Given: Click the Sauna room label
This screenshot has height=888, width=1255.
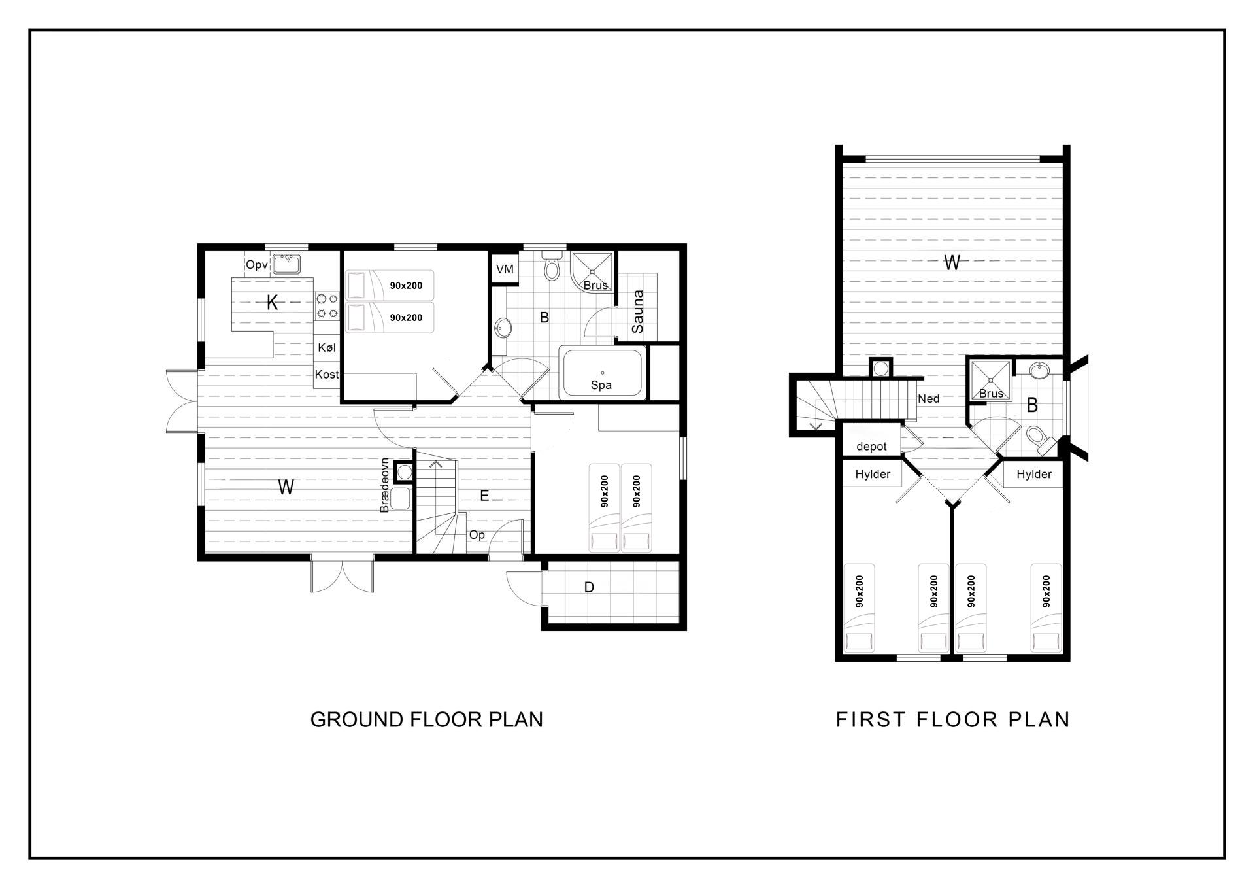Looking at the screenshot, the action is tap(638, 311).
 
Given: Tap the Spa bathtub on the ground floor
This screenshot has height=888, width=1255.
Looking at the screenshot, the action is tap(602, 373).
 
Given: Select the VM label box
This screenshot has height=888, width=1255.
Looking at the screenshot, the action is tap(505, 269).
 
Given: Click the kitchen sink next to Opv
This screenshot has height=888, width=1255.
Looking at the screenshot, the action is tap(286, 264).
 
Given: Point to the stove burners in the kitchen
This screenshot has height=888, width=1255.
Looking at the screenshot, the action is tap(327, 306).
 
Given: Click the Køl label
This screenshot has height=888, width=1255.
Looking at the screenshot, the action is tap(327, 347).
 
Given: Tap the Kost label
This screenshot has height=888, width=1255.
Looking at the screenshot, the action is tap(327, 374).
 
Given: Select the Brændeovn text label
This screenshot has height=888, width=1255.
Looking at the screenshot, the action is tap(384, 485).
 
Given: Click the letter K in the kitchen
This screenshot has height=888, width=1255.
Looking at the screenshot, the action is tap(273, 302).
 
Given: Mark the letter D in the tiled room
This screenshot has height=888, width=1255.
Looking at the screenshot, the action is tap(589, 587).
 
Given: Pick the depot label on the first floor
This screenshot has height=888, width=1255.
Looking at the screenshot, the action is tap(871, 447).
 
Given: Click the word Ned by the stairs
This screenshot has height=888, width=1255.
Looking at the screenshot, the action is tap(929, 398).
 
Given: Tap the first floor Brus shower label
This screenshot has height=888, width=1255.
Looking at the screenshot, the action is tap(991, 394).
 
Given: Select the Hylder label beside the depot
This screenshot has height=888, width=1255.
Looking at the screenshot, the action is tap(873, 474).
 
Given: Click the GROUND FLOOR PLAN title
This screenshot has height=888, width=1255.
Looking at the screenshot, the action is tap(427, 719).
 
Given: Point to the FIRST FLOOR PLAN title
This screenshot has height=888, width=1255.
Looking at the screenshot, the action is tap(953, 719).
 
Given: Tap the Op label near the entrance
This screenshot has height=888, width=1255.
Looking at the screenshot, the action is tap(477, 535).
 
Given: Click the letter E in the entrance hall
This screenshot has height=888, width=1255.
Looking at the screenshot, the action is tap(484, 496).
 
